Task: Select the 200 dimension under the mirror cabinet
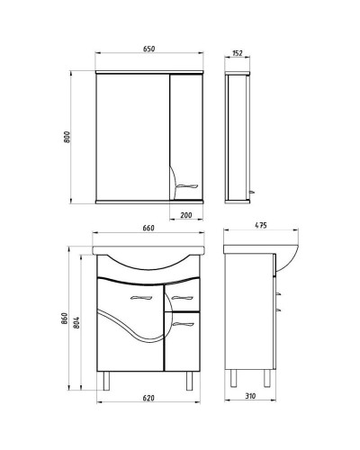pos(186,216)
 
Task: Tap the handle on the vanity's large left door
pos(145,295)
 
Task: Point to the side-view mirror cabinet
pos(238,135)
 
